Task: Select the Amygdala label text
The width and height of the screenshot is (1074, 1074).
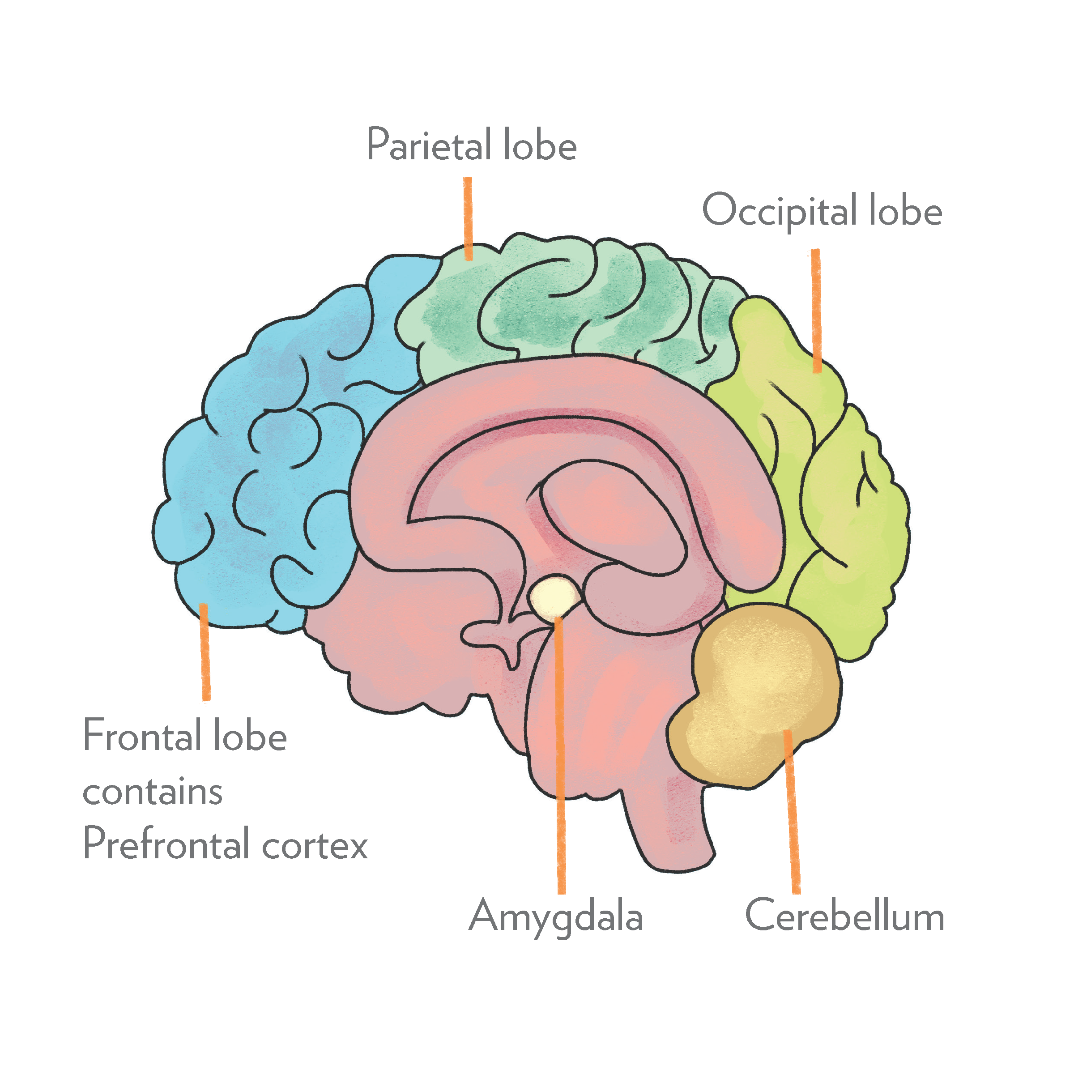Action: (556, 916)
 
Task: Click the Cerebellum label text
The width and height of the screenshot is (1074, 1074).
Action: (844, 916)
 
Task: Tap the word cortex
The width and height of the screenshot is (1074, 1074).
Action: (315, 846)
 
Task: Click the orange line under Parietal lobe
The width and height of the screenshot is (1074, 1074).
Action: (469, 218)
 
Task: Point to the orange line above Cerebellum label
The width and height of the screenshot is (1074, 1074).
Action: (792, 812)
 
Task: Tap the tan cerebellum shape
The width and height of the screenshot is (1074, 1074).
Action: (756, 695)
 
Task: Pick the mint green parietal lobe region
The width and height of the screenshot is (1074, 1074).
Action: (556, 300)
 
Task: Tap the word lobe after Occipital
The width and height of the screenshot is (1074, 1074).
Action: (906, 211)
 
